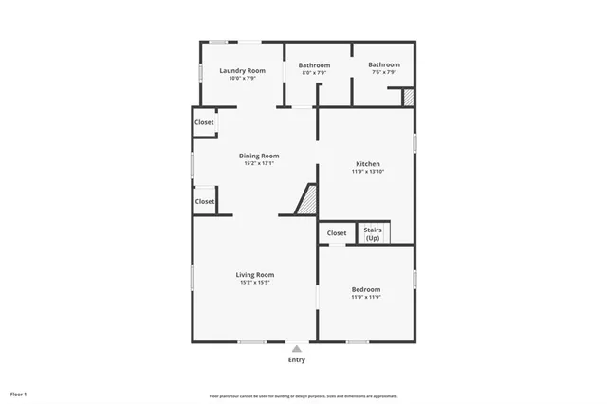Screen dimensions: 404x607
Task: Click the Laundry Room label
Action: (x=242, y=71)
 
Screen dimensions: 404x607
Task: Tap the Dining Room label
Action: (x=258, y=156)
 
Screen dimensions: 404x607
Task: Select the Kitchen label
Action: (x=366, y=164)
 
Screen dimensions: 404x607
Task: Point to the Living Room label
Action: (x=255, y=275)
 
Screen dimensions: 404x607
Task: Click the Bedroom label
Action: (x=366, y=289)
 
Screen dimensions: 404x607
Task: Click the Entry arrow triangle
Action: (x=297, y=348)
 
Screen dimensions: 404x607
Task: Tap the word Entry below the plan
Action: (x=297, y=360)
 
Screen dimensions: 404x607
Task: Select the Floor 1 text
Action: (x=19, y=393)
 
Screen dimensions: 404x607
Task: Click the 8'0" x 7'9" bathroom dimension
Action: (x=315, y=73)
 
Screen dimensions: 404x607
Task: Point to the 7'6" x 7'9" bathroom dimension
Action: (x=382, y=72)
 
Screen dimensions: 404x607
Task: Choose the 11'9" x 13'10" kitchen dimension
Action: (x=366, y=172)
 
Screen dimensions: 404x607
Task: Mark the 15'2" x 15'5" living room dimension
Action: (x=255, y=283)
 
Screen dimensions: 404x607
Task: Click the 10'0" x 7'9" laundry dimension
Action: (x=242, y=78)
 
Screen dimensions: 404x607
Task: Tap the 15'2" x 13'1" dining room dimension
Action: (x=258, y=163)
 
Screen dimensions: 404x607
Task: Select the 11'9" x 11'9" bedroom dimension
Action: (x=366, y=297)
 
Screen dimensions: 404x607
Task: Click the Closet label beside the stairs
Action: (x=337, y=233)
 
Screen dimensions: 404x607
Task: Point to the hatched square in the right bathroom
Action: (x=408, y=97)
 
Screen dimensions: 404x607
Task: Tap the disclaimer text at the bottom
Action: (x=303, y=395)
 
